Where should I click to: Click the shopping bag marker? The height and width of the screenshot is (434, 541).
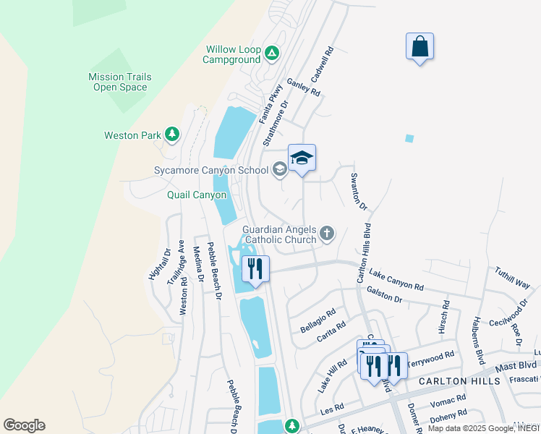[x=419, y=47]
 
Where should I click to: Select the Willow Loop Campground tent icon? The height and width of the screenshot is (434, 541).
[x=271, y=53]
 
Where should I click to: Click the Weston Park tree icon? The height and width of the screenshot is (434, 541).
[x=171, y=135]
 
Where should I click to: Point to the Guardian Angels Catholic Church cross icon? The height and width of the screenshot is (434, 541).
[x=327, y=233]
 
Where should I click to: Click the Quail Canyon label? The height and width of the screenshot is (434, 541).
[x=196, y=195]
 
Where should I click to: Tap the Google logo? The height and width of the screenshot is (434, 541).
[x=24, y=425]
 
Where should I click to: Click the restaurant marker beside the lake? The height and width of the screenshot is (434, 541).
[x=255, y=270]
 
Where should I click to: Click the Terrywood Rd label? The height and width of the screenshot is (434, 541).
[x=431, y=357]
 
